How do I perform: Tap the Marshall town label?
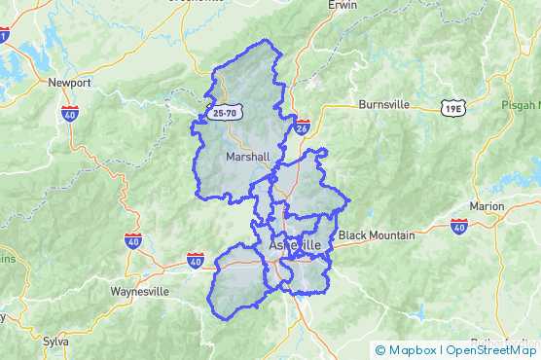point(247,157)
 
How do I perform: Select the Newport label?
point(69,83)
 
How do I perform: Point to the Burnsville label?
point(387,104)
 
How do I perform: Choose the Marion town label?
point(487,206)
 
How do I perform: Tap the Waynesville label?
point(140,292)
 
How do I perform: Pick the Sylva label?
point(56,342)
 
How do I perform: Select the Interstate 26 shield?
point(303,127)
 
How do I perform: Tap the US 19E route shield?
point(451,108)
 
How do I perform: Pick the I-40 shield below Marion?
point(459,226)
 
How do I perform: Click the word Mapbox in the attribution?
point(412,350)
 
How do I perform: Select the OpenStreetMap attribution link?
point(492,350)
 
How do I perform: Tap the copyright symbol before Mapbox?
point(380,350)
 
